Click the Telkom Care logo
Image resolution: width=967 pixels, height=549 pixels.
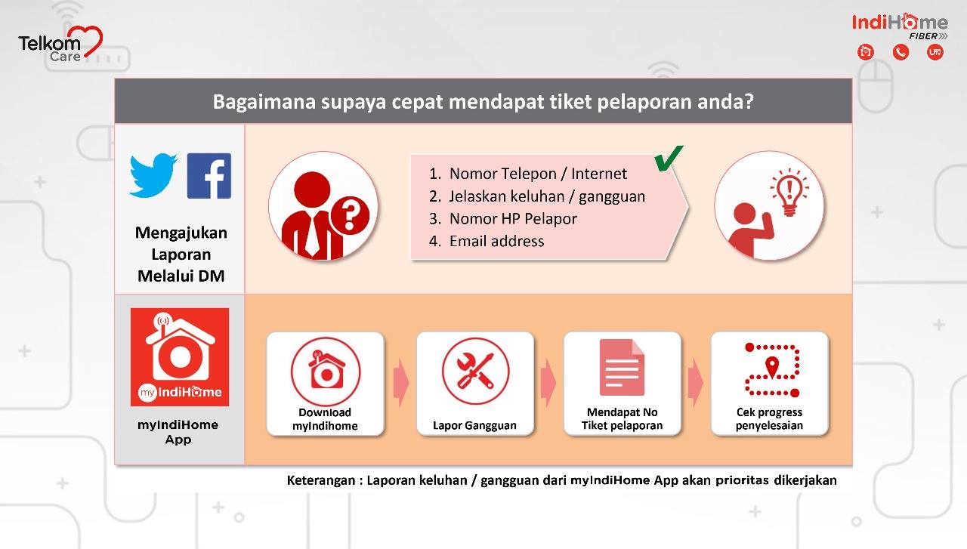(x=60, y=44)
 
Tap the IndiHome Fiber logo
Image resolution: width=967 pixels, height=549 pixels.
(x=900, y=26)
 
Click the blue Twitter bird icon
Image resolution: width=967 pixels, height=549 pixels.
(x=153, y=174)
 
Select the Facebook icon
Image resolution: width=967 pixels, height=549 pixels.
(x=209, y=176)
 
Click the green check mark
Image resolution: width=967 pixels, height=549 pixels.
(x=669, y=158)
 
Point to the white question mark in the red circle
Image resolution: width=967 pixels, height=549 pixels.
(x=350, y=214)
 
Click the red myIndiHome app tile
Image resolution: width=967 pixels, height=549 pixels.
(x=180, y=357)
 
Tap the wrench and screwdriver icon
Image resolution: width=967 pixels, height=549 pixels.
(x=475, y=371)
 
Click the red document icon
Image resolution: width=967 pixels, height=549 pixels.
(x=622, y=367)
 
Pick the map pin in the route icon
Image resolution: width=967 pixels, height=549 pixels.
(x=772, y=367)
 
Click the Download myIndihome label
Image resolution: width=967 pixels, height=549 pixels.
(x=325, y=419)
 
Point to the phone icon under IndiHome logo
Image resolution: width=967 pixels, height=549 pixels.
(x=901, y=52)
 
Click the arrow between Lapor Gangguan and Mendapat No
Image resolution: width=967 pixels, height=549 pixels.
(x=548, y=382)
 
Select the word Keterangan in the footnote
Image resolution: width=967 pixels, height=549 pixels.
(x=321, y=480)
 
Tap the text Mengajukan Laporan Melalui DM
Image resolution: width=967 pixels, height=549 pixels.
(x=181, y=254)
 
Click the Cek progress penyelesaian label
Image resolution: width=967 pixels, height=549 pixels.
(x=769, y=419)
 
